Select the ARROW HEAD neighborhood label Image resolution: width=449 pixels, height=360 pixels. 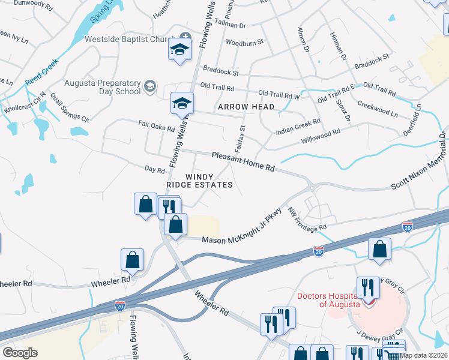coord(246,107)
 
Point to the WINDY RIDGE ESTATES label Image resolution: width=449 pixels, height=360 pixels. coord(200,181)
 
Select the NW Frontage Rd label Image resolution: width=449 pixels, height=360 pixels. coord(306,220)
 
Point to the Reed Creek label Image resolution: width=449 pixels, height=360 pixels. coord(41,71)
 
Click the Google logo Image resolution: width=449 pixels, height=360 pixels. coord(20,353)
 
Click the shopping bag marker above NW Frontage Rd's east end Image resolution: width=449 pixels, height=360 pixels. coord(379,249)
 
